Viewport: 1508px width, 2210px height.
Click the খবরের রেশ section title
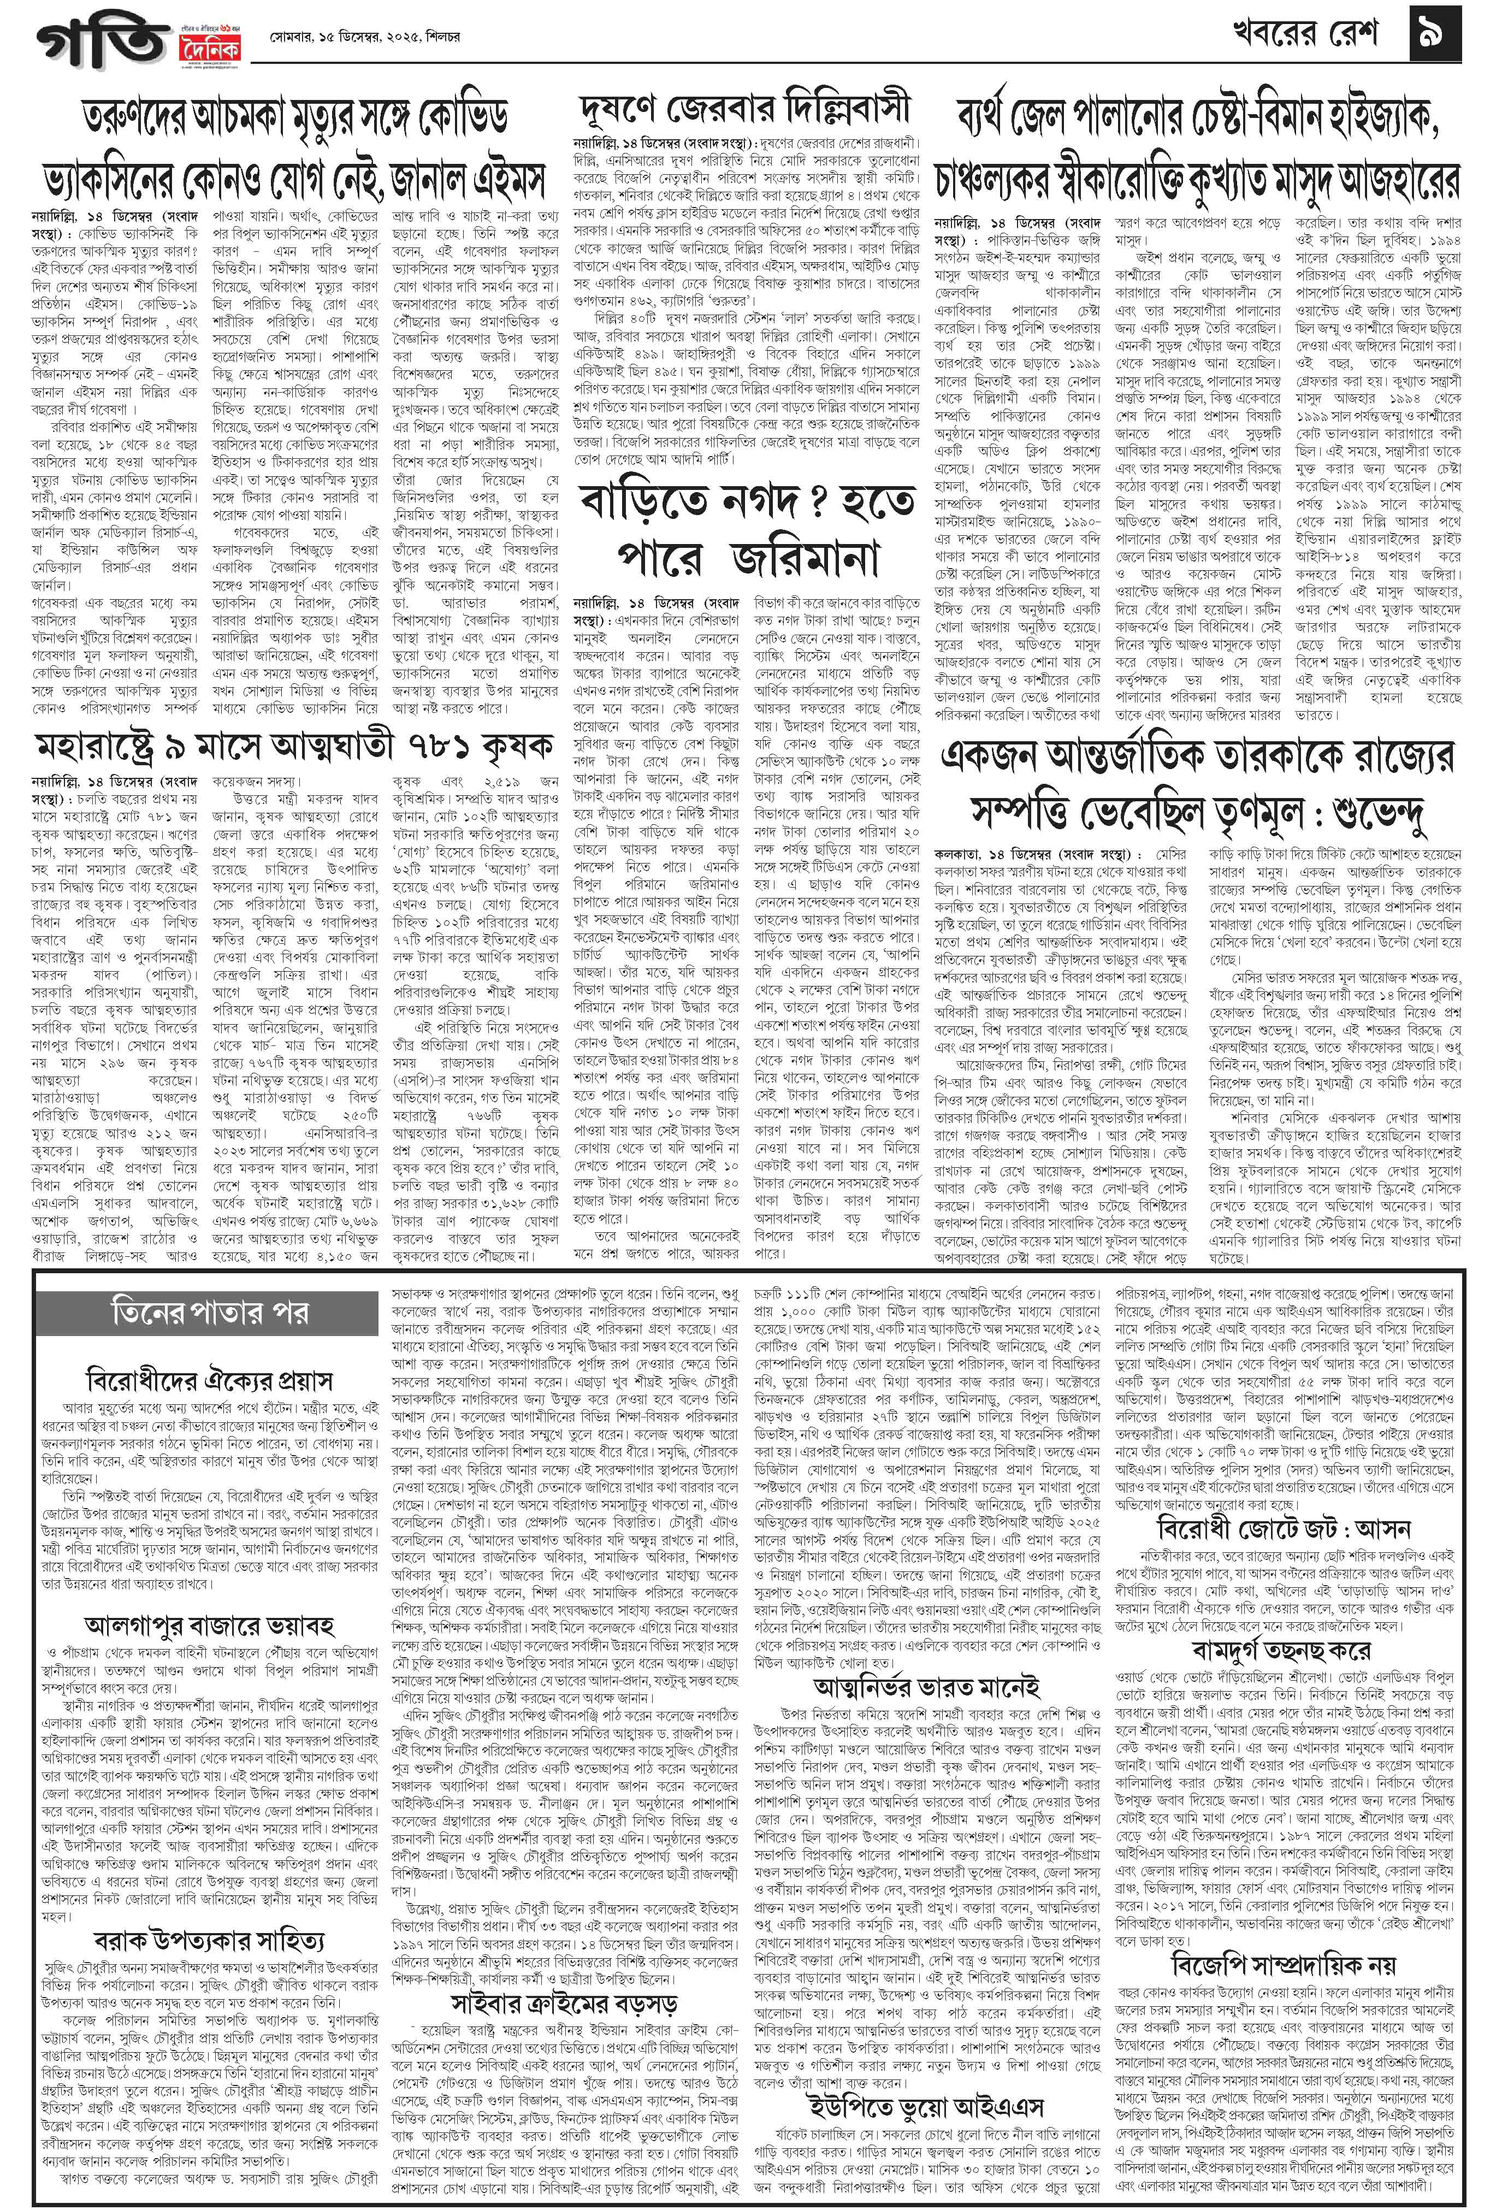coord(1312,36)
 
